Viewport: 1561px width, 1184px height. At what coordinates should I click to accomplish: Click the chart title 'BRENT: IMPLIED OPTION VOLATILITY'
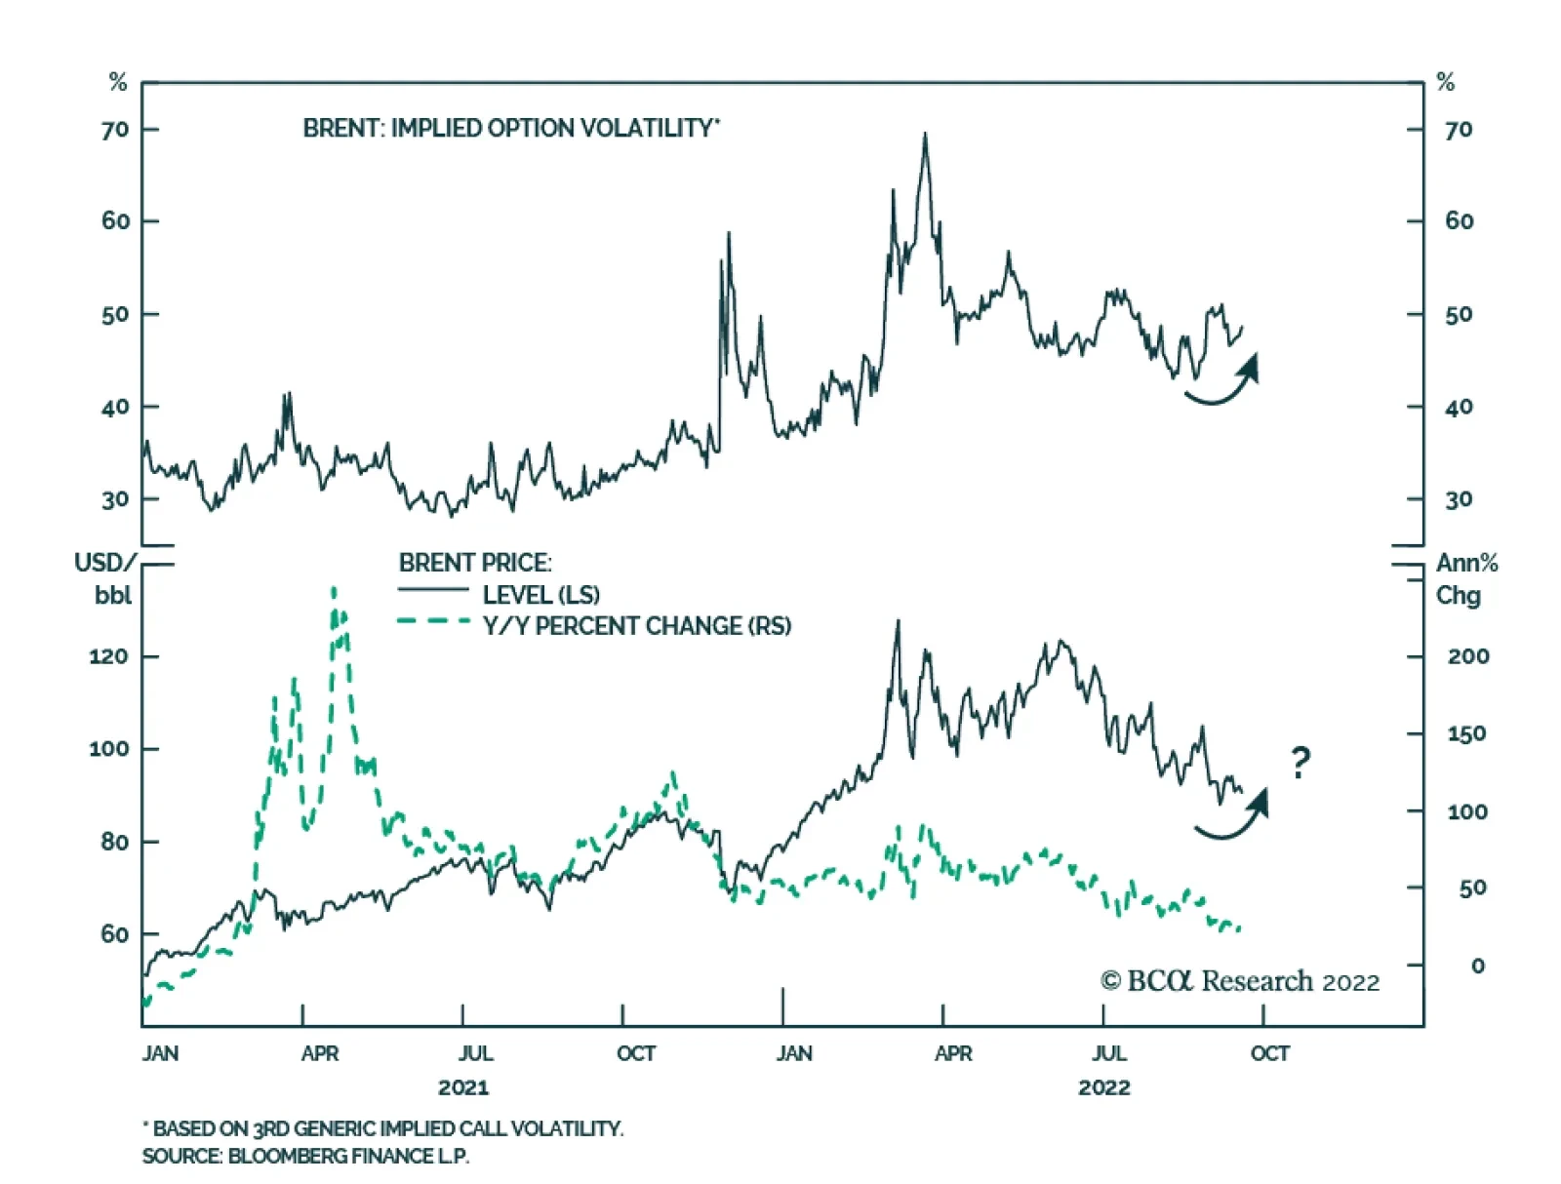[510, 129]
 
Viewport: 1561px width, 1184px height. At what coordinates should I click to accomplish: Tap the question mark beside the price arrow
[1300, 762]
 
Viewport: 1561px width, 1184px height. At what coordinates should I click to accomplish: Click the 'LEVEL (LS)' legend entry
[540, 594]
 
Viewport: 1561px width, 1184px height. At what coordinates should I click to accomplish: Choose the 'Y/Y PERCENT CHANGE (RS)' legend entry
[636, 626]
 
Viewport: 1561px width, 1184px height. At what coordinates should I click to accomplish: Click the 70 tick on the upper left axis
[115, 130]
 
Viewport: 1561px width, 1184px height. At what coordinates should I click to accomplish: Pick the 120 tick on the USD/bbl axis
[108, 656]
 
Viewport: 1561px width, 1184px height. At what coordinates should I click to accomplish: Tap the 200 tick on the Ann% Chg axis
[1467, 656]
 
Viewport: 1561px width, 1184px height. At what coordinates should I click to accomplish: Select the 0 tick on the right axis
[1478, 966]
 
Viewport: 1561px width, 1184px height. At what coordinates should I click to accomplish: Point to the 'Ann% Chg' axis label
[1465, 578]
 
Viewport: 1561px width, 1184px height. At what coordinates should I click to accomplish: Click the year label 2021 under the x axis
[463, 1087]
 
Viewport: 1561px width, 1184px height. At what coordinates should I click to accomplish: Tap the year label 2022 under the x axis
[1104, 1087]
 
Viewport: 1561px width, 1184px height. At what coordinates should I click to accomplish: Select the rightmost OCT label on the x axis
[1269, 1053]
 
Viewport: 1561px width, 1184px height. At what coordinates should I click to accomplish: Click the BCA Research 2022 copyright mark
[1240, 981]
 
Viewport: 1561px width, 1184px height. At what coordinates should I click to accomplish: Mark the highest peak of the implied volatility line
[925, 135]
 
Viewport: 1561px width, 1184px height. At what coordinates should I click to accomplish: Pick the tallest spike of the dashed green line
[335, 589]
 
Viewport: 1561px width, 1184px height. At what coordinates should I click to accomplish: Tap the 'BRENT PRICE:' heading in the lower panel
[475, 563]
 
